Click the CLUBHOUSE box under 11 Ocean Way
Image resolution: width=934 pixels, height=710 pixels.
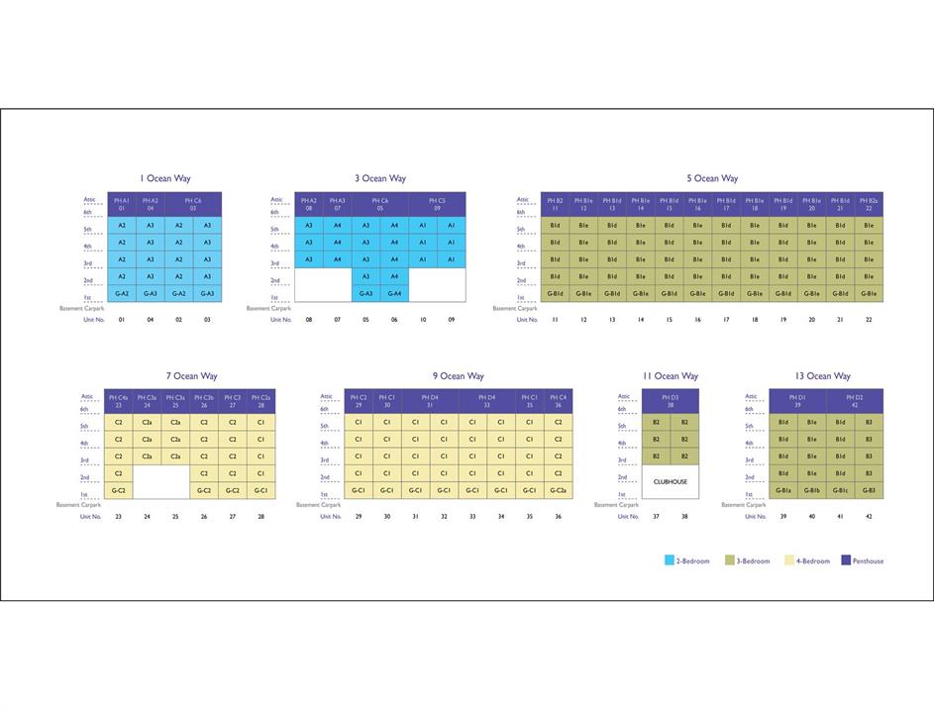670,482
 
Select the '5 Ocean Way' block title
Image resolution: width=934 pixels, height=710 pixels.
712,179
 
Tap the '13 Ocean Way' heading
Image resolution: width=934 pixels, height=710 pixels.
822,376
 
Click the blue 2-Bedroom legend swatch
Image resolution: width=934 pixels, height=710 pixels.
670,560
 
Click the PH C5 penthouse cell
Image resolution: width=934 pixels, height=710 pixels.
437,204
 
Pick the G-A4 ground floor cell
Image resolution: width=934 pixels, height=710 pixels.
394,293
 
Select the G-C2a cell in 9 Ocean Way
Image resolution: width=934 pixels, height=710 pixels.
558,490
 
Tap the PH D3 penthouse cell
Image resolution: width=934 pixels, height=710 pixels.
670,401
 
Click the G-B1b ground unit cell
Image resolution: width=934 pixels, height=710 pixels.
812,490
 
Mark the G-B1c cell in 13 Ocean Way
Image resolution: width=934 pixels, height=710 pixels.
840,490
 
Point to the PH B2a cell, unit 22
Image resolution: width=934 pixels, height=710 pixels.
869,204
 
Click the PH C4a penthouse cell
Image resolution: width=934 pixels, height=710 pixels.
118,401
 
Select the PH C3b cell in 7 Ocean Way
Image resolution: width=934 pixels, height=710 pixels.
204,401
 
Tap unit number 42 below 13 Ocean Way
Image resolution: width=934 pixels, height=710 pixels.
869,516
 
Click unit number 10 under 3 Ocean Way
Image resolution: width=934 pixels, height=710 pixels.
423,319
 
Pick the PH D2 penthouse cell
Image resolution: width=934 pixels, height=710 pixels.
854,401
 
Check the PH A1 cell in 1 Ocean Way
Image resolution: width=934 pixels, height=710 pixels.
122,204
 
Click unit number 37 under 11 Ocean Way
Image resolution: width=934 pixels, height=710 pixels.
656,516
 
